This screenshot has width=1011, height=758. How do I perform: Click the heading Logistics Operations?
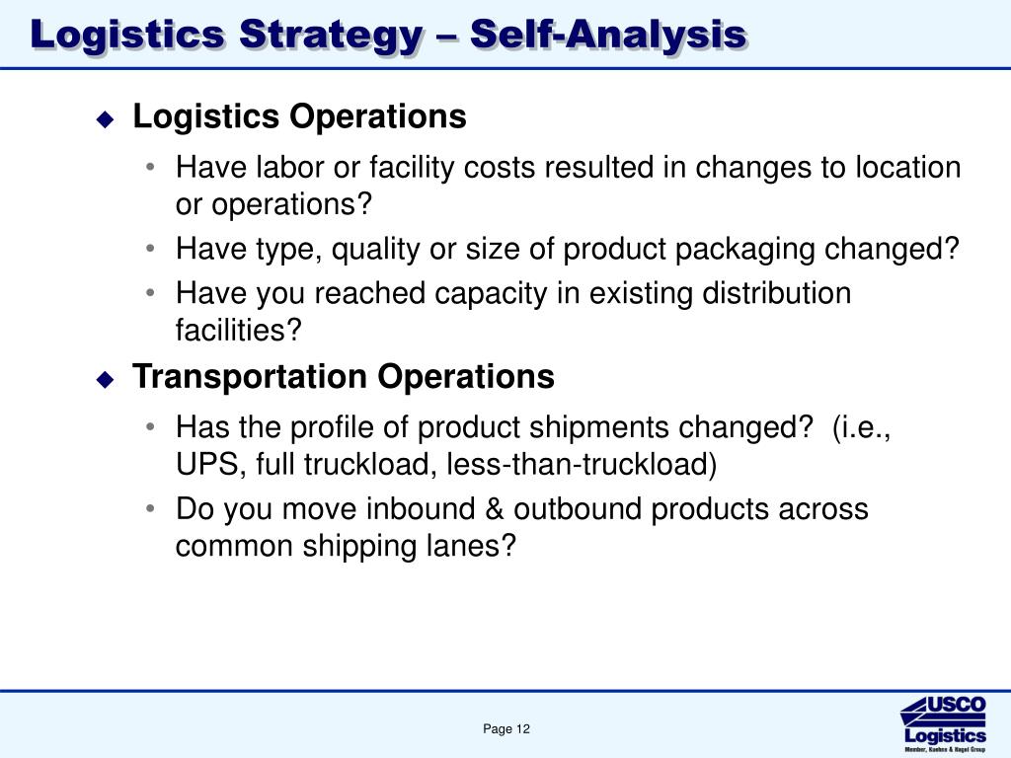pos(299,116)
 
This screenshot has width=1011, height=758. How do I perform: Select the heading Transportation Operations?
pos(344,377)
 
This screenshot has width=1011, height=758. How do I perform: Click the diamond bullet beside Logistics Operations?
pos(106,119)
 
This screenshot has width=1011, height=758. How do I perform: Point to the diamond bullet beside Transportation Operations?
pos(106,380)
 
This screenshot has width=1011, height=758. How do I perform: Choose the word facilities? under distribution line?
pos(237,330)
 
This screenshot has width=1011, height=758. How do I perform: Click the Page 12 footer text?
pos(506,729)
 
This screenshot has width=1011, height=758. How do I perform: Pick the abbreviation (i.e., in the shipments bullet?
pos(862,427)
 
